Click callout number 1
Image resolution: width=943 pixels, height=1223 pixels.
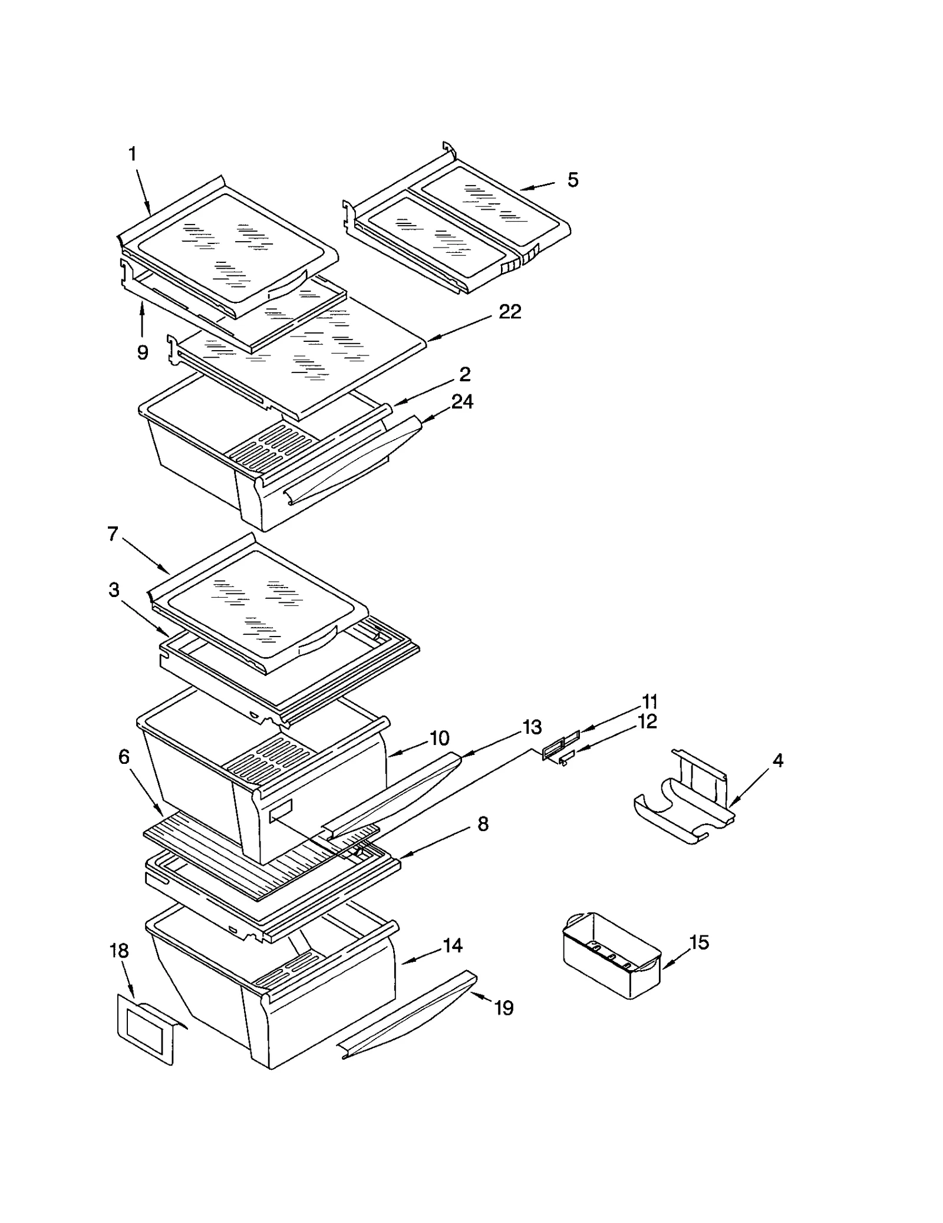(x=133, y=154)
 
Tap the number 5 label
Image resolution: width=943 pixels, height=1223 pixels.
(x=573, y=180)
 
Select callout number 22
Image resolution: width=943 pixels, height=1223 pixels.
(x=510, y=312)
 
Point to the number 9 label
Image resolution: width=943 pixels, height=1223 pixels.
(x=143, y=352)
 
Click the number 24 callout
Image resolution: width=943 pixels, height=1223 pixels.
(x=462, y=402)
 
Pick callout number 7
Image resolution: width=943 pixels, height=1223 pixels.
(x=113, y=534)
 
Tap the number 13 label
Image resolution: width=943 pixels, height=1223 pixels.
(x=532, y=727)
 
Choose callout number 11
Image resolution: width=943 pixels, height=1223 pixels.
(x=649, y=701)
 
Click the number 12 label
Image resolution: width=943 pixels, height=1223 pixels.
(x=647, y=721)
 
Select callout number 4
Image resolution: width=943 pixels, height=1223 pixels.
(x=778, y=760)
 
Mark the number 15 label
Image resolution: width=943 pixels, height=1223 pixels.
(x=699, y=942)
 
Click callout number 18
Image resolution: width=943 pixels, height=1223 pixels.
(x=119, y=951)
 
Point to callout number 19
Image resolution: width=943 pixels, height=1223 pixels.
(x=504, y=1008)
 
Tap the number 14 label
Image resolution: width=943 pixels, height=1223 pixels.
(x=453, y=945)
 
